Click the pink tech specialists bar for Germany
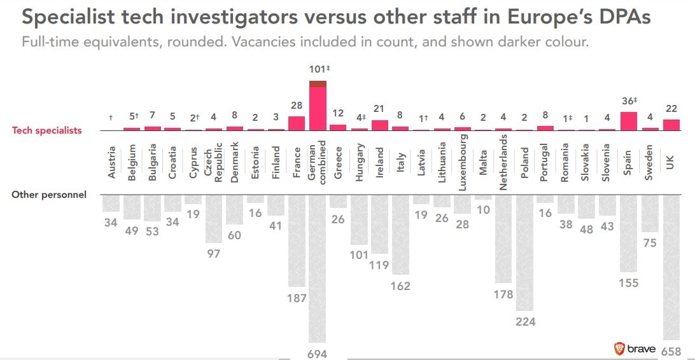click(318, 109)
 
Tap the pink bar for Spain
click(628, 121)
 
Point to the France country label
click(297, 162)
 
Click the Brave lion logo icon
click(619, 348)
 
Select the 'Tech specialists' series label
click(47, 130)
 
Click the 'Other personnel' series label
click(48, 195)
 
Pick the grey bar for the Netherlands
click(503, 239)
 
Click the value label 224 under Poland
click(525, 322)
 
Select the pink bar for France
click(297, 123)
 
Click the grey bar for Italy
click(400, 235)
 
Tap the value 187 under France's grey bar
click(297, 298)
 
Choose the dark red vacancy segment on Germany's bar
click(318, 84)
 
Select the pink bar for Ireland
click(379, 125)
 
